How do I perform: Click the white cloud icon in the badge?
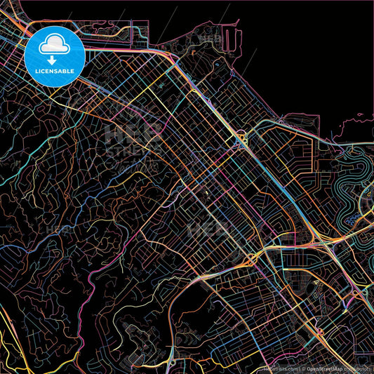click(x=54, y=45)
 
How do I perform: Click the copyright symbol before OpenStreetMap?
click(x=302, y=368)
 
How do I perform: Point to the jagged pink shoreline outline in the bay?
click(x=351, y=126)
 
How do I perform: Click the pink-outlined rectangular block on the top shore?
click(x=139, y=32)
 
